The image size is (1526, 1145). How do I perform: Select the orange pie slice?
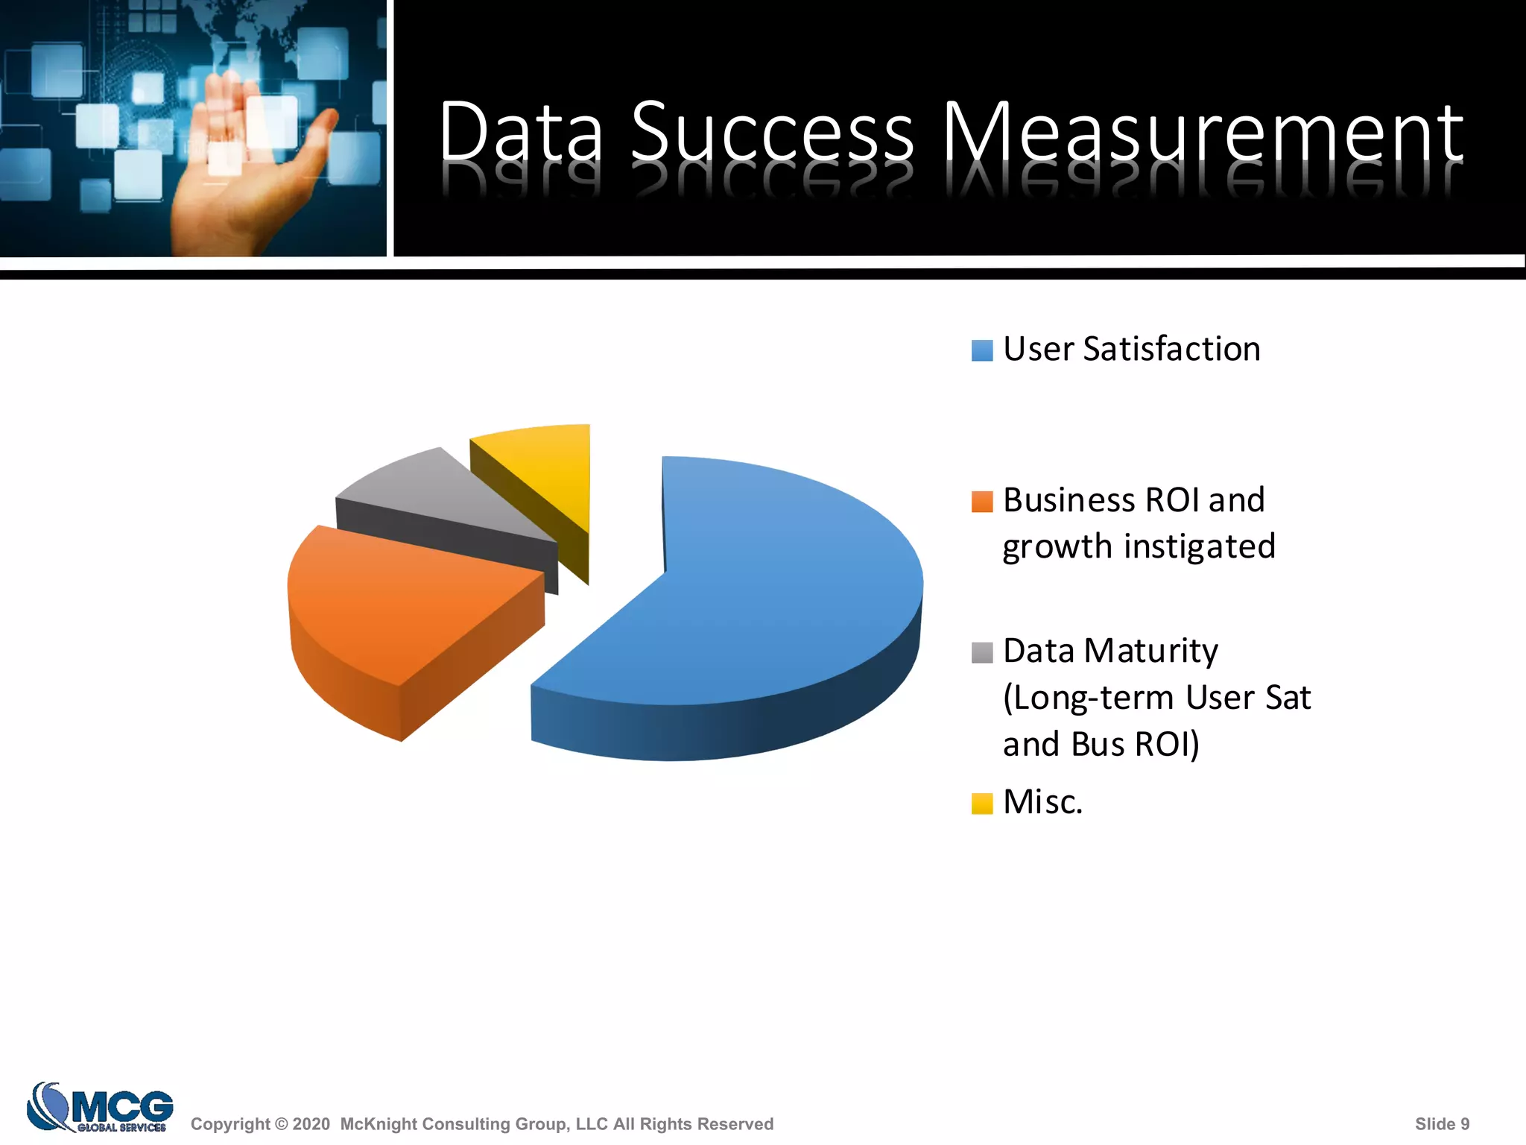click(402, 604)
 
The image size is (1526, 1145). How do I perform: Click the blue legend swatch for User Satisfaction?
click(982, 350)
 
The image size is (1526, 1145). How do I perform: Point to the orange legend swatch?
click(982, 502)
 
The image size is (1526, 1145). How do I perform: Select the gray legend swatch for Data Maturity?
click(982, 652)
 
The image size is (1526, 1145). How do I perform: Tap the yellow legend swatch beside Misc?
click(982, 804)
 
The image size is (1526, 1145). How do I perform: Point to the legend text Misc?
click(1042, 802)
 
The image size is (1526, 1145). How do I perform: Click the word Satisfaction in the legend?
click(1171, 349)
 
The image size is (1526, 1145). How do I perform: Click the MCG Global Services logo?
click(101, 1107)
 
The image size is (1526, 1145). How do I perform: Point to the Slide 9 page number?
click(1442, 1124)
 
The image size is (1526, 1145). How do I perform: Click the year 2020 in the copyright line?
click(311, 1124)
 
